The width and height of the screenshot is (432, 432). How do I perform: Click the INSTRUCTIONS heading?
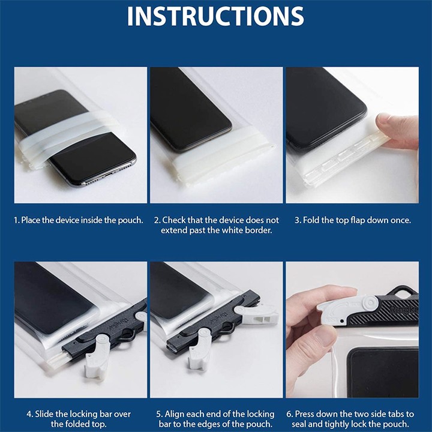(x=215, y=16)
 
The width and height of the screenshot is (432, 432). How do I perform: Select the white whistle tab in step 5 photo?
(x=257, y=314)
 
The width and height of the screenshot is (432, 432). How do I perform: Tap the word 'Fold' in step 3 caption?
(x=311, y=220)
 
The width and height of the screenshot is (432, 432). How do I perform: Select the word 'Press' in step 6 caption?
(x=305, y=414)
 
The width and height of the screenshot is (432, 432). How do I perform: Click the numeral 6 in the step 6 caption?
(x=289, y=414)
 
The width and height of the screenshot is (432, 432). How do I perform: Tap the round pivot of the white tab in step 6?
(x=368, y=302)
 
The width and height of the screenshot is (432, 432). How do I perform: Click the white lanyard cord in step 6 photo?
(x=334, y=369)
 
